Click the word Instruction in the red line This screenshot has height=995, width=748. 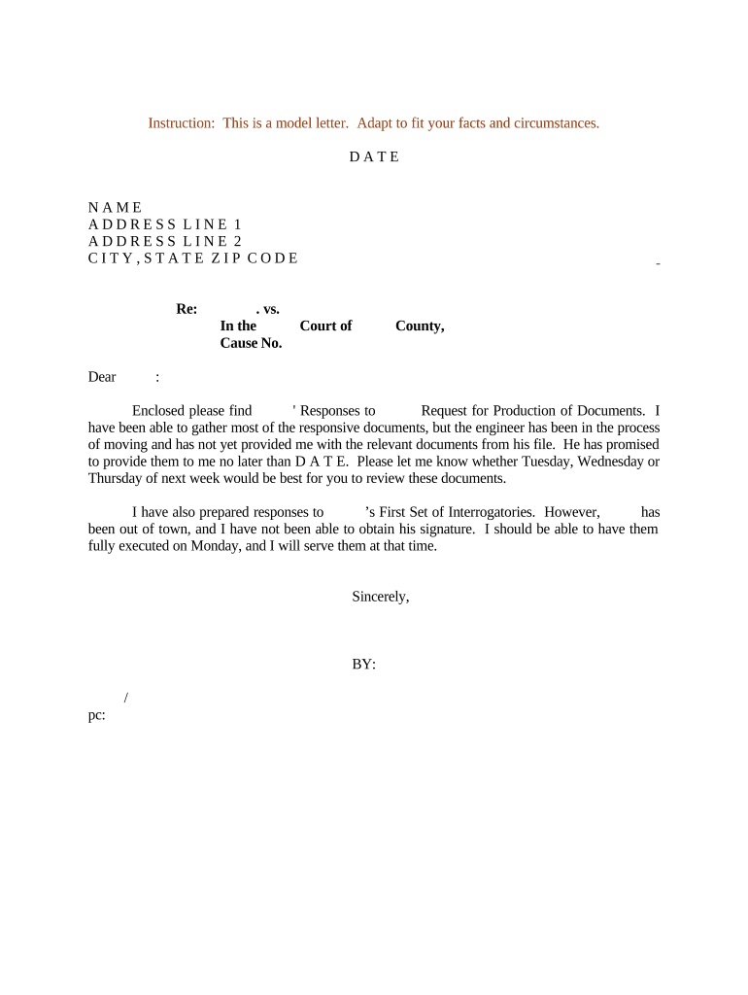pyautogui.click(x=181, y=123)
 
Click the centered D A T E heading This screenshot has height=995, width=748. pyautogui.click(x=374, y=157)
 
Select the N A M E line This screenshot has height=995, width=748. pyautogui.click(x=116, y=208)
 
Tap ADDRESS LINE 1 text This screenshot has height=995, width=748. pyautogui.click(x=165, y=224)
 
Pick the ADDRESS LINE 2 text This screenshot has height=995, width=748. pyautogui.click(x=165, y=241)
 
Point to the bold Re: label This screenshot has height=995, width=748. pyautogui.click(x=187, y=309)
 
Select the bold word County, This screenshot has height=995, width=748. pyautogui.click(x=420, y=326)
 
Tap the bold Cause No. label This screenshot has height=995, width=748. pyautogui.click(x=251, y=343)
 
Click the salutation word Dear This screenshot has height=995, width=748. pyautogui.click(x=102, y=377)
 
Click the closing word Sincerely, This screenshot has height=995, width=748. pyautogui.click(x=381, y=598)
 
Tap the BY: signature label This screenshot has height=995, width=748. pyautogui.click(x=364, y=665)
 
